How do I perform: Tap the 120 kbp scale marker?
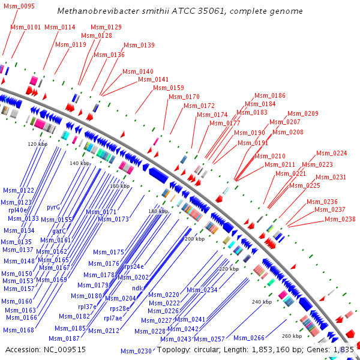[x=37, y=144]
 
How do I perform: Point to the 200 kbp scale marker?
[x=194, y=239]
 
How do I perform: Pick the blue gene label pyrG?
[x=53, y=207]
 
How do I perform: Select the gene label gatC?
[x=59, y=230]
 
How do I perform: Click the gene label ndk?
[x=138, y=288]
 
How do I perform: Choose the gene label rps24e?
[x=134, y=266]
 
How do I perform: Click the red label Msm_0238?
[x=340, y=219]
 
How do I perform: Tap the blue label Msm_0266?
[x=249, y=338]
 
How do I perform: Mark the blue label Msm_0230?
[x=136, y=351]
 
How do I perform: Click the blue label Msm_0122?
[x=18, y=190]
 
